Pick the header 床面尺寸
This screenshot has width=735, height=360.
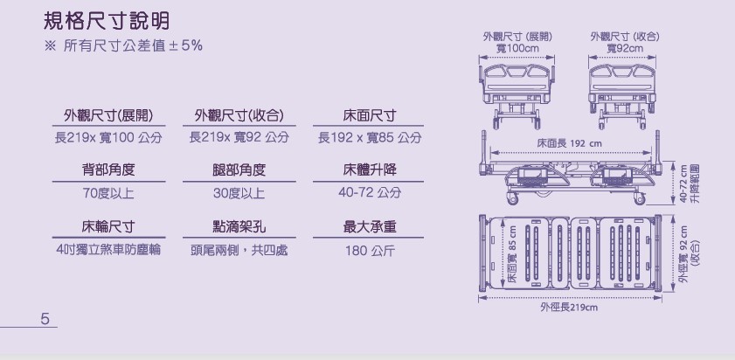coord(370,116)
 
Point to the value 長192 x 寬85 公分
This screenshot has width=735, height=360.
coord(370,138)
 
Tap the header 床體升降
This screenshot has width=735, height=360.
coord(370,170)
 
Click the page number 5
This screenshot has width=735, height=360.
coord(44,317)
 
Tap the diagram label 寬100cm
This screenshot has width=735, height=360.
coord(517,48)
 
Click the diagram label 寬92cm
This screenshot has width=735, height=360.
coord(624,48)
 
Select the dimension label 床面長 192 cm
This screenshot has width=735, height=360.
coord(569,143)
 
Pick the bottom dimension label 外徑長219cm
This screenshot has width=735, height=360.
coord(568,307)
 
